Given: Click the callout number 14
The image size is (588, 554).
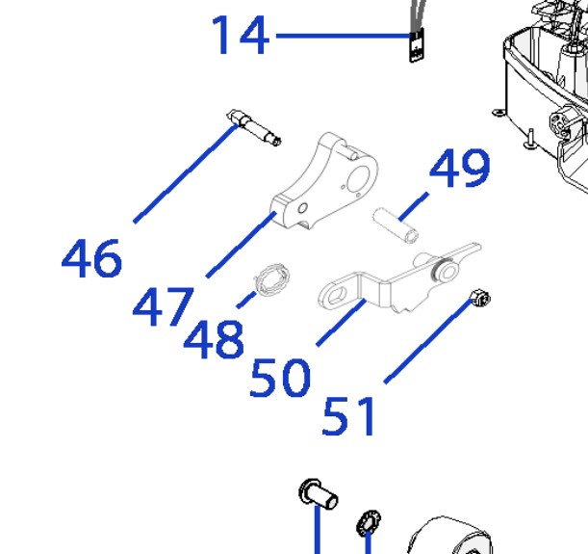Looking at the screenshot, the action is [241, 36].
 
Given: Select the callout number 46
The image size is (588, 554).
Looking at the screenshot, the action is [91, 258].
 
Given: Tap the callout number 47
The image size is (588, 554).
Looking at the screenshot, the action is [164, 306].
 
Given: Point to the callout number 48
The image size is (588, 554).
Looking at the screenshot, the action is [214, 338].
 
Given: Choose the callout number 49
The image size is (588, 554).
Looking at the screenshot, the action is [460, 168].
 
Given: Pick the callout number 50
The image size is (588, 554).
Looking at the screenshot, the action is [280, 378].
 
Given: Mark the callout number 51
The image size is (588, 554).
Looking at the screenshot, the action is [348, 416].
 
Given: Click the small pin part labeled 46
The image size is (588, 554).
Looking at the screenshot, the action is [254, 127].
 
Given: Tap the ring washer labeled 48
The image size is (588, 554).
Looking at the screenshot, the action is [272, 280].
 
